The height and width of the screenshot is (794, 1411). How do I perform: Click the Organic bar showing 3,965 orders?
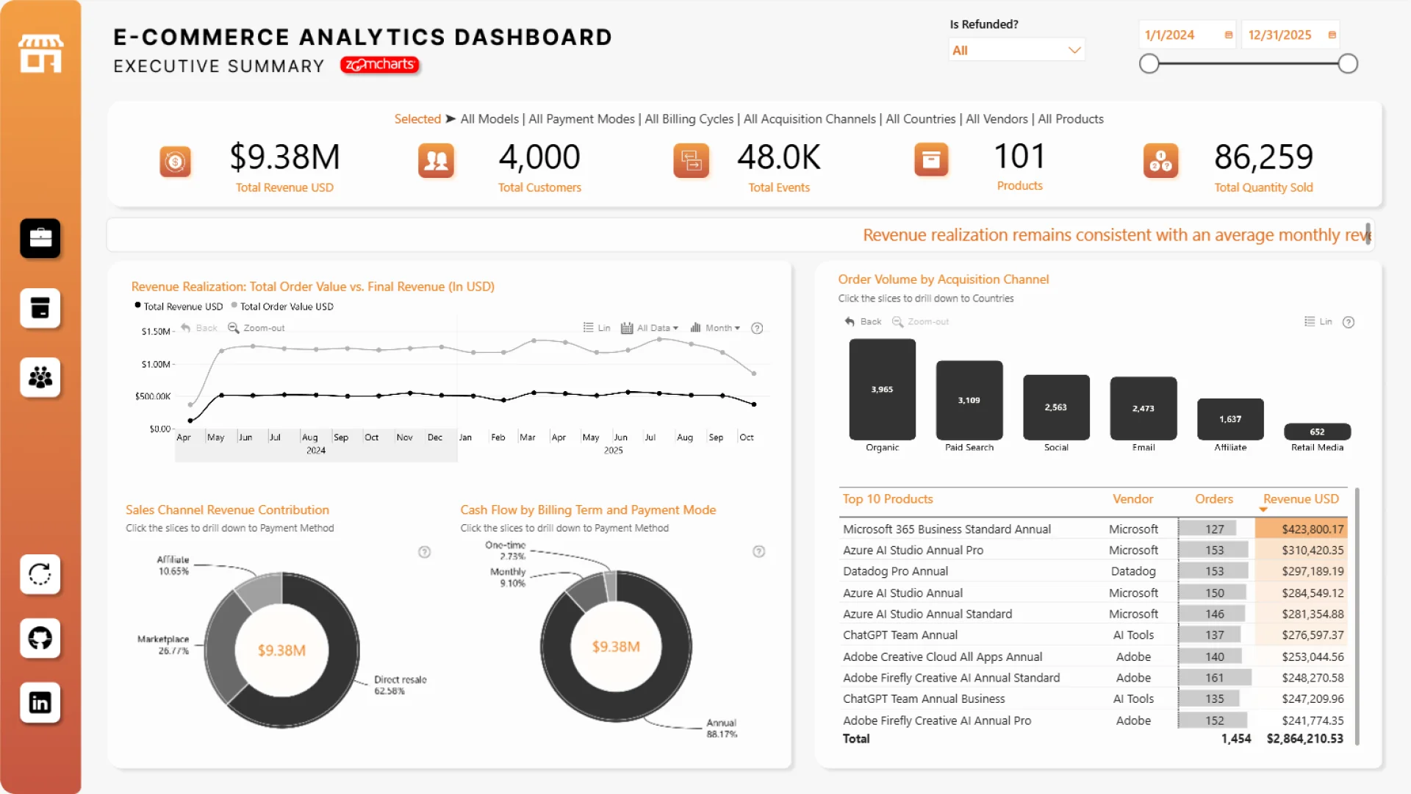[x=882, y=389]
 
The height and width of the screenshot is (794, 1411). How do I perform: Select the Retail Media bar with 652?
[x=1317, y=432]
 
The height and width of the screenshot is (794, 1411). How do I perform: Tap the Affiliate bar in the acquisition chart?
[x=1230, y=418]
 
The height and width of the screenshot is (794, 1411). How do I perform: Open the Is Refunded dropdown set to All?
[x=1016, y=50]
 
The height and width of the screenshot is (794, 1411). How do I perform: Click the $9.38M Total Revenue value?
[x=284, y=157]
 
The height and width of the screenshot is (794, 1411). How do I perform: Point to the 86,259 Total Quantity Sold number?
[x=1263, y=157]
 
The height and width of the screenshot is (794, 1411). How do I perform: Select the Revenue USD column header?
[x=1301, y=499]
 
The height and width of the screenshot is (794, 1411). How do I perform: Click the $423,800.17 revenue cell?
[x=1313, y=529]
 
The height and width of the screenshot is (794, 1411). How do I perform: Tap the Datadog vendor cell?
[x=1133, y=571]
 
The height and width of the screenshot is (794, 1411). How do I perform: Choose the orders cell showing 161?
[x=1214, y=678]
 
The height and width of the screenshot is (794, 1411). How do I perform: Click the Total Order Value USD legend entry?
[x=287, y=307]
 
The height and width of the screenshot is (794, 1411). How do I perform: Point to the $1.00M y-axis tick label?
[x=156, y=364]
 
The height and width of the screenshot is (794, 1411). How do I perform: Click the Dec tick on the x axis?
[x=435, y=437]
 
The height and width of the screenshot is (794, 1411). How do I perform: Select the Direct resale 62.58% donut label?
[x=400, y=685]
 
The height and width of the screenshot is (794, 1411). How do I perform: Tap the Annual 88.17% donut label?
[x=722, y=729]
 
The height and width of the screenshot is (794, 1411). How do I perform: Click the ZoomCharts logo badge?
[x=379, y=65]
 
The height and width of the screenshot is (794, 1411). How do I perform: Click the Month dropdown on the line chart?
[x=716, y=328]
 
